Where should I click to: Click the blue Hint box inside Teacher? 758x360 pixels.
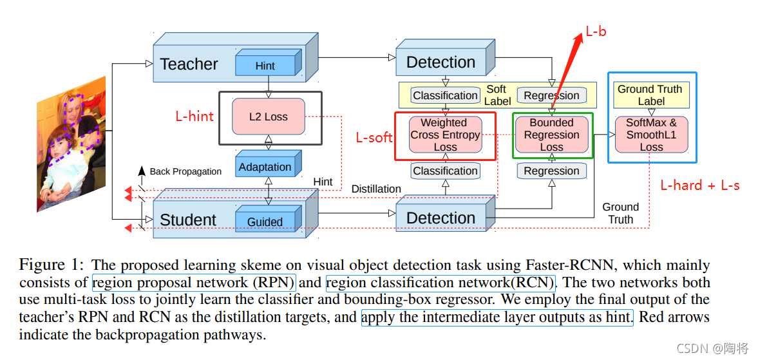point(265,66)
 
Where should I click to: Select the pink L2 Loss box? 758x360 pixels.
point(269,117)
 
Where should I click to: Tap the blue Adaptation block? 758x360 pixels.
point(265,167)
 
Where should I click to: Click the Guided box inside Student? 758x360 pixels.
point(265,222)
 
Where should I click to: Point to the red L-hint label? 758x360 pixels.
point(194,117)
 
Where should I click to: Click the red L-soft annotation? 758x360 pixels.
point(374,138)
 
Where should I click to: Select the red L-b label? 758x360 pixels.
point(596,31)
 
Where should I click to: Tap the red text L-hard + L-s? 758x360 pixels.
point(700,185)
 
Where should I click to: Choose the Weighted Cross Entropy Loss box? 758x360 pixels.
point(445,135)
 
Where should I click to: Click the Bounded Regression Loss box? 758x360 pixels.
point(551,135)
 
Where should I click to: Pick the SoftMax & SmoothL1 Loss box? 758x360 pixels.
point(651,135)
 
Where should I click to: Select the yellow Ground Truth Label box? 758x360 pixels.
point(651,95)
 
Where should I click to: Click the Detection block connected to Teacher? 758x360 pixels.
point(441,62)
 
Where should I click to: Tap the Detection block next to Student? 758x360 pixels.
point(441,218)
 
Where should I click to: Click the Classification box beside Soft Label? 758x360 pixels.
point(445,95)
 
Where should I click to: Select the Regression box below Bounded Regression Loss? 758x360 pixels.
point(551,171)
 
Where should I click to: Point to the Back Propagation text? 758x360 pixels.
point(185,171)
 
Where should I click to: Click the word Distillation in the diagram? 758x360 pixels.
point(376,189)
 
